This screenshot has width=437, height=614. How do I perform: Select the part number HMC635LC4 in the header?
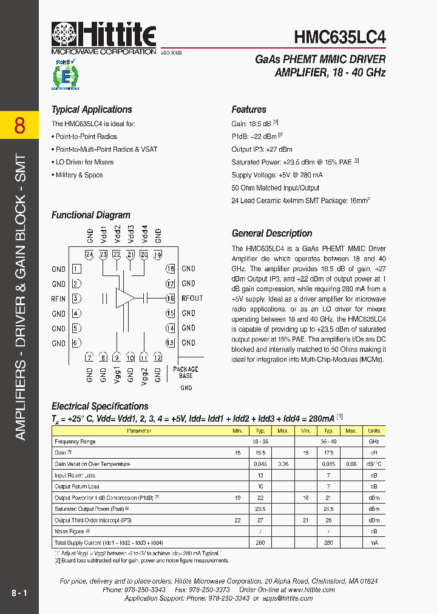[339, 37]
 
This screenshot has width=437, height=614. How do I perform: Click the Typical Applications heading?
[92, 110]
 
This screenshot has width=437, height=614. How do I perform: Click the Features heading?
[249, 110]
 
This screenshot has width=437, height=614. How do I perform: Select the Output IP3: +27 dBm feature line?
[262, 149]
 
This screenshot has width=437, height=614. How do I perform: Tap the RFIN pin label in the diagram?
[58, 299]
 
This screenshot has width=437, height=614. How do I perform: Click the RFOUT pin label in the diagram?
[192, 299]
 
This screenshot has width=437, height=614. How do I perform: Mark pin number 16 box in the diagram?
[171, 299]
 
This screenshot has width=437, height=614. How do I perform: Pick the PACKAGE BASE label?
[186, 373]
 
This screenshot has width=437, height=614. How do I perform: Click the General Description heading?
[272, 234]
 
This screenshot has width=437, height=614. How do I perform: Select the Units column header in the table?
[374, 431]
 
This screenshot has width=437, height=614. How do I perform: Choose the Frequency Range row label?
[75, 442]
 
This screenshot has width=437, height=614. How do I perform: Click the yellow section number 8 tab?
[19, 126]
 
